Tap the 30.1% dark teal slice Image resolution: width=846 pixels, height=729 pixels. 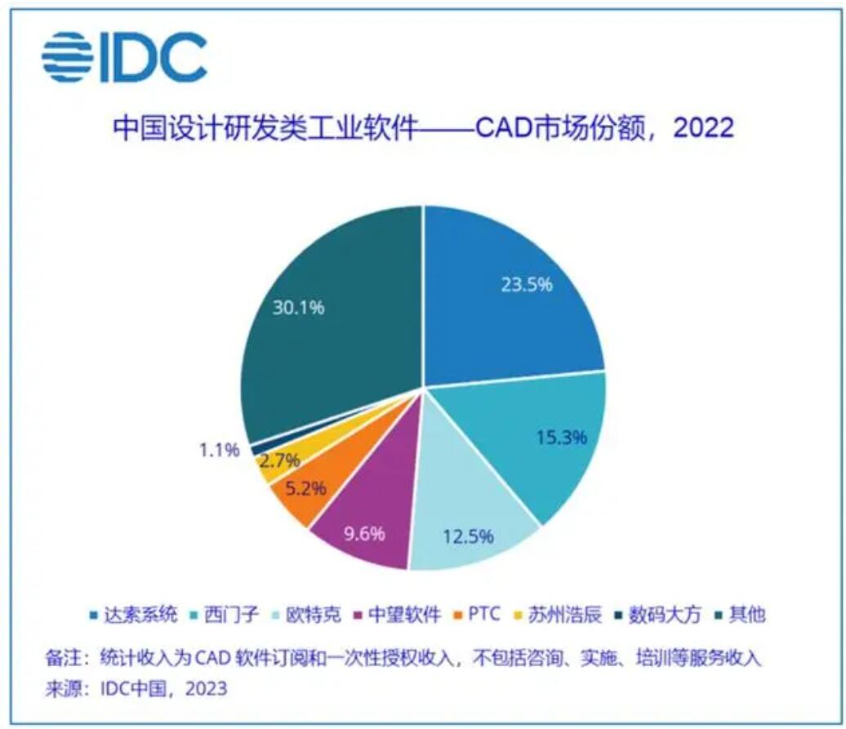point(327,327)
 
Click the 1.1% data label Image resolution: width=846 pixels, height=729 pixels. point(218,449)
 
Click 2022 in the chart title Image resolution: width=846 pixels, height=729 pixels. point(703,129)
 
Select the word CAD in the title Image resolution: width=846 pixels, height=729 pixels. point(505,129)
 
